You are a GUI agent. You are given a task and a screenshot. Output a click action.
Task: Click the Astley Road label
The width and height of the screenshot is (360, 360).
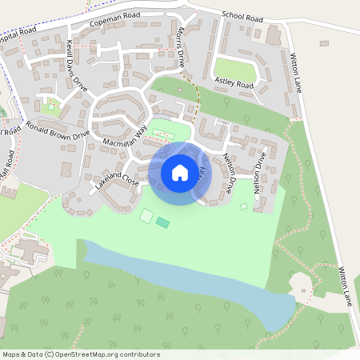pyautogui.click(x=234, y=84)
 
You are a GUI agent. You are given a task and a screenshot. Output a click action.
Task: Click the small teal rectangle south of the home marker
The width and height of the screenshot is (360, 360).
pyautogui.click(x=163, y=222)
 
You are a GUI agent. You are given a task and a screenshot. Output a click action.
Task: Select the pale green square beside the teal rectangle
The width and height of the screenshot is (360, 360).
pyautogui.click(x=146, y=215)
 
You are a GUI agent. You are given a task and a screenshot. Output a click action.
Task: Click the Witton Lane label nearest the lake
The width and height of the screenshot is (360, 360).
pyautogui.click(x=345, y=287)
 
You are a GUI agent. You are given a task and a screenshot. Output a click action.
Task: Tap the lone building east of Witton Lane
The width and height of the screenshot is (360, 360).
pyautogui.click(x=324, y=44)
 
